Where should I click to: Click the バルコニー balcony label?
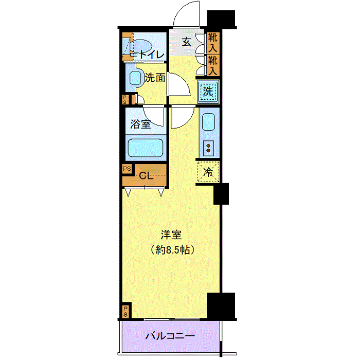170,336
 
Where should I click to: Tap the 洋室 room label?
171,235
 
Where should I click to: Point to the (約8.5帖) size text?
173,249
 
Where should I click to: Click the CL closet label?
146,176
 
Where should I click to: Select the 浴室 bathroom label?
140,124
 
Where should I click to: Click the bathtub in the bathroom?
146,148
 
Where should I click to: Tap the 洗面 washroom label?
155,78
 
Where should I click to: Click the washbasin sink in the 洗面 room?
135,78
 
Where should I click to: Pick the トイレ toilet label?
152,55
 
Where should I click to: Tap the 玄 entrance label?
186,42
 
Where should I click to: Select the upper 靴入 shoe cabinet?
213,43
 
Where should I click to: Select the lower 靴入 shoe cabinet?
213,65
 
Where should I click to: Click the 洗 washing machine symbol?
208,92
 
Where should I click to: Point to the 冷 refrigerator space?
208,172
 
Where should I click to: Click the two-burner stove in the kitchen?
208,148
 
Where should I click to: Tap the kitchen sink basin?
208,122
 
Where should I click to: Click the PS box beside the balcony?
125,311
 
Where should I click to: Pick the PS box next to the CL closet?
127,169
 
